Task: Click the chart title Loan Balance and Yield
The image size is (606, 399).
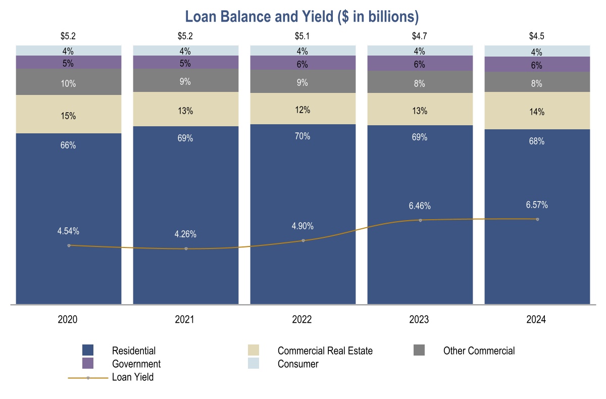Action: click(x=302, y=17)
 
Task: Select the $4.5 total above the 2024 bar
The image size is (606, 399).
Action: click(x=536, y=36)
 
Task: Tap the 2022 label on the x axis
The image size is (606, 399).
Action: click(x=302, y=320)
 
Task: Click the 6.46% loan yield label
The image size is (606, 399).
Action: click(x=420, y=206)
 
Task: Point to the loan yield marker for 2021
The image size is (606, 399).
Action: click(x=186, y=248)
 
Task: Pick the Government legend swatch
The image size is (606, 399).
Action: click(x=88, y=364)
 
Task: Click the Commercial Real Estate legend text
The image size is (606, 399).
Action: click(x=325, y=351)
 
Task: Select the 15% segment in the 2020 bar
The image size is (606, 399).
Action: click(x=68, y=116)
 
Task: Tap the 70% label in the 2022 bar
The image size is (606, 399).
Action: click(x=302, y=136)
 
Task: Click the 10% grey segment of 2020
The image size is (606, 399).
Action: click(x=68, y=84)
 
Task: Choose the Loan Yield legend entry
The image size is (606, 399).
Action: click(x=132, y=377)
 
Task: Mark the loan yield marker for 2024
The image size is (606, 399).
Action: click(x=537, y=219)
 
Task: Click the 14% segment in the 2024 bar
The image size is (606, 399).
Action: click(x=537, y=112)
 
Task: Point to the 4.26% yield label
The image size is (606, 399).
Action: click(x=185, y=234)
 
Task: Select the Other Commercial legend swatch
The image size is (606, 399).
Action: click(x=419, y=350)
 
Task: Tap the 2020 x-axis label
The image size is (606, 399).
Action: click(x=68, y=320)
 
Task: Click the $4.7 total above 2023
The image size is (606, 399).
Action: click(x=420, y=36)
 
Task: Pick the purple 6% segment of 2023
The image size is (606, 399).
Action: click(x=420, y=64)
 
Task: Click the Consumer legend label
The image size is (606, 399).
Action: click(x=298, y=364)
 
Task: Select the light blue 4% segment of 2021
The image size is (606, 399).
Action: click(x=185, y=51)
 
